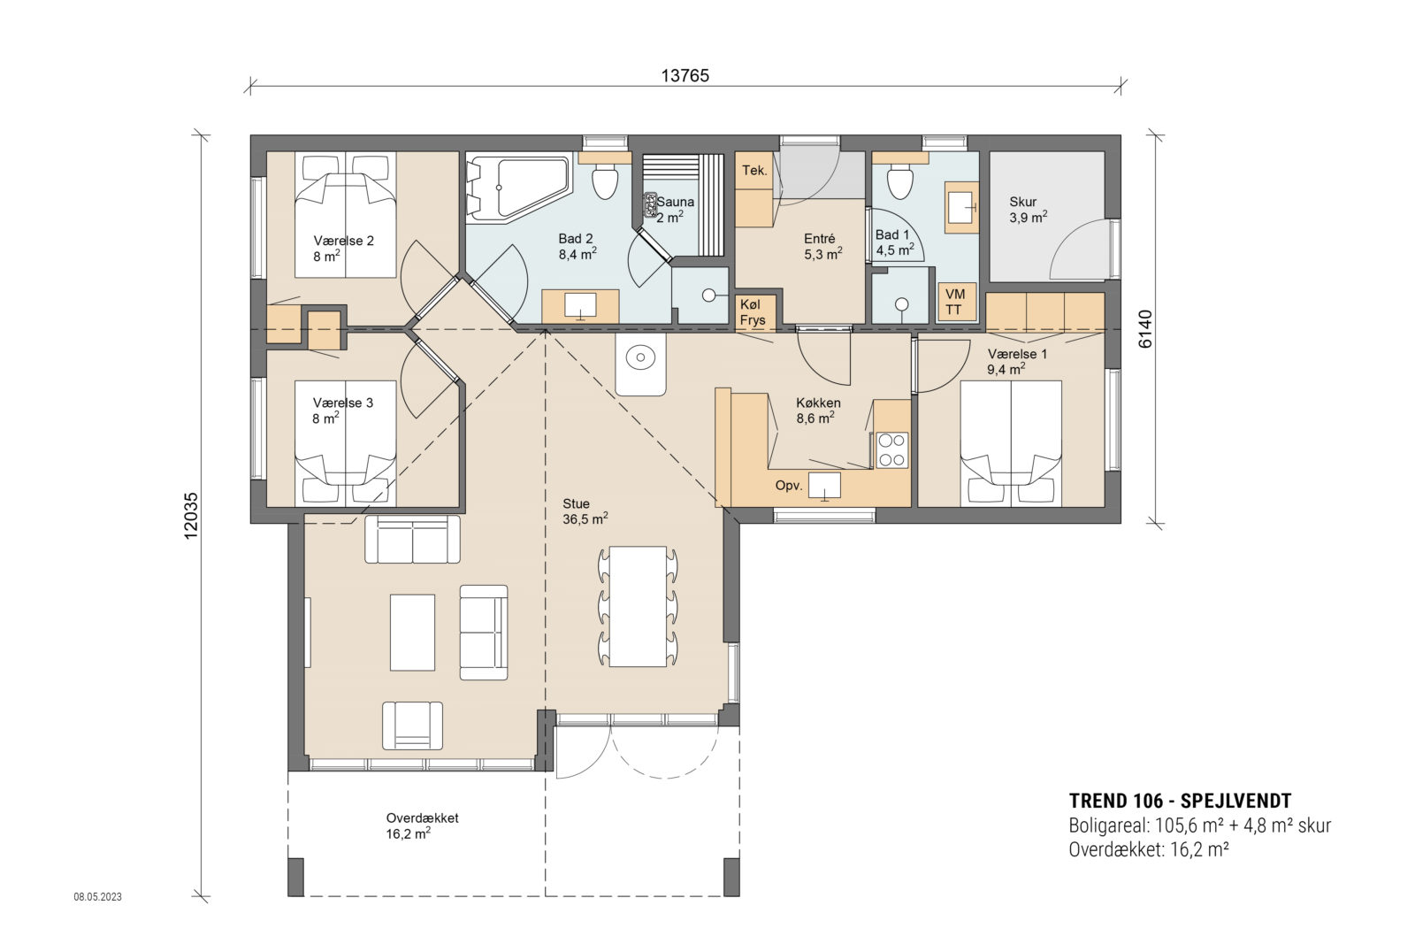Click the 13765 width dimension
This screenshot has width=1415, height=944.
[685, 75]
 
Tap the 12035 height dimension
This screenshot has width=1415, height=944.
[192, 516]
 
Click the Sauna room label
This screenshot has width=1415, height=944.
[675, 202]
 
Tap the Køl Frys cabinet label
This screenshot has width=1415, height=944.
[753, 312]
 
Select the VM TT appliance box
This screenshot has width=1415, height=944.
[955, 302]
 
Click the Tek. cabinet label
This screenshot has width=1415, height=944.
[754, 170]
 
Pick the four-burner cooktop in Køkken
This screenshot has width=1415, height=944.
[891, 449]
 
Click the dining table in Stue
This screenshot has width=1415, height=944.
[638, 606]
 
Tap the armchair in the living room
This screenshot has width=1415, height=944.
[412, 725]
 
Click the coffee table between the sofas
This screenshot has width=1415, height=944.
[412, 632]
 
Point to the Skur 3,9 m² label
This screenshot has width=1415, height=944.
[1028, 209]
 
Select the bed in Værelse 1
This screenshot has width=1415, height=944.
[1011, 442]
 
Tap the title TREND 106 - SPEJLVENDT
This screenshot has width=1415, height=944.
[1180, 801]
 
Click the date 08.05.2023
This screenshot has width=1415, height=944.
[97, 896]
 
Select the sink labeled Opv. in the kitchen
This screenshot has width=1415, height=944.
[824, 485]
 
